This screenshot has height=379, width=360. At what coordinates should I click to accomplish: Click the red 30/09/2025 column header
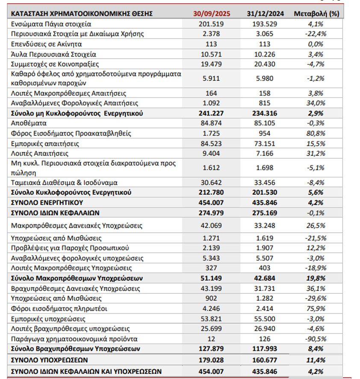[211, 14]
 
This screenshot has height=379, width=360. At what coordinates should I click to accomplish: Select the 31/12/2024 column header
[265, 14]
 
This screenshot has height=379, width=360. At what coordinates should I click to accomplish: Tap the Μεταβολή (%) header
[316, 14]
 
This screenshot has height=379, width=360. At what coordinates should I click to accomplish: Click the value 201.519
[211, 24]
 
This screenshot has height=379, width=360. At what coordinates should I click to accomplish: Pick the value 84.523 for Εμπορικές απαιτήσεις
[211, 143]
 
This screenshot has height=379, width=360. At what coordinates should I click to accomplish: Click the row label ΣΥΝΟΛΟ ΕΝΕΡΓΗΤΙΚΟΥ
[47, 202]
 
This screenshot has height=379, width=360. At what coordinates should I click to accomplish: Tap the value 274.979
[211, 213]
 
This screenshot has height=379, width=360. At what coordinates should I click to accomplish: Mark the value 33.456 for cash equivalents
[265, 182]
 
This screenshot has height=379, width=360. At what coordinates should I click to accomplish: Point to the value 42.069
[211, 225]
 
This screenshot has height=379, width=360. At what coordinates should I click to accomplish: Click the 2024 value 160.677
[265, 360]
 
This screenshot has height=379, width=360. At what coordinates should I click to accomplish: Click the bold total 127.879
[211, 349]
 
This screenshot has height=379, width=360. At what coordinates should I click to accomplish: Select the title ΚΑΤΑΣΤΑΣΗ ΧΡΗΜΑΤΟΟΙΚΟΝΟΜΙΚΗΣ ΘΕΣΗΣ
[82, 14]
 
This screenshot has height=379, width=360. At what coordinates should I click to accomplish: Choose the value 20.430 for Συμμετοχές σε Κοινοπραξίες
[265, 64]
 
